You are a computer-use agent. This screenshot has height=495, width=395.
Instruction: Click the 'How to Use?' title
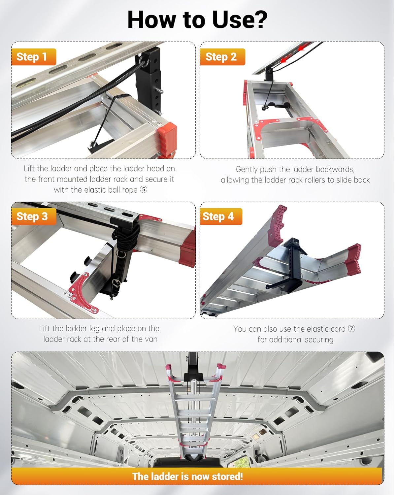click(x=197, y=20)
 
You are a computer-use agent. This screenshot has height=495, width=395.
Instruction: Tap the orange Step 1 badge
click(x=33, y=57)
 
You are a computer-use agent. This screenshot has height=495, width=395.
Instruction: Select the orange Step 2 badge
click(x=222, y=57)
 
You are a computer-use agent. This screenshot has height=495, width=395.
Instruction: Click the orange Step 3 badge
click(x=33, y=216)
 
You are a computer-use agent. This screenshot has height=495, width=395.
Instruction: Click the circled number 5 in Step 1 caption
click(x=144, y=190)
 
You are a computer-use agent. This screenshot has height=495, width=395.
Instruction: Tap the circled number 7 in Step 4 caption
click(x=352, y=329)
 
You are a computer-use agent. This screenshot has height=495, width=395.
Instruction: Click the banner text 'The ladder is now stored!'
click(x=187, y=476)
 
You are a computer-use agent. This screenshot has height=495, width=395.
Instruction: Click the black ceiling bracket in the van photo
click(x=192, y=368)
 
